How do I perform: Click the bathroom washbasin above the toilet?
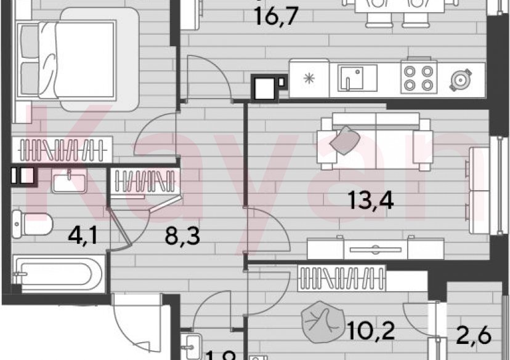(x=68, y=183)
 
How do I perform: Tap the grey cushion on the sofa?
(x=344, y=139)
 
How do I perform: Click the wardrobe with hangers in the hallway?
(x=144, y=182)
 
